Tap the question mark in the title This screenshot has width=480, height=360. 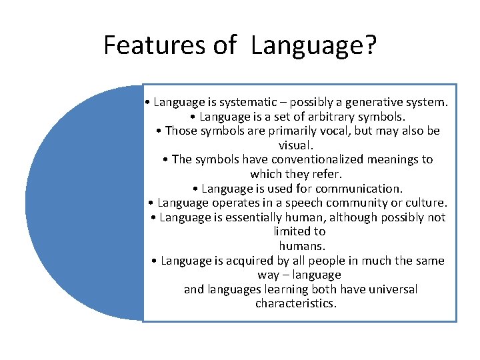370,45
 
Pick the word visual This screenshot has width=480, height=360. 295,145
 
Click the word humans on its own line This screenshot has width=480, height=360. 299,246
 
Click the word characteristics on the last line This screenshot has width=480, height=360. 296,304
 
